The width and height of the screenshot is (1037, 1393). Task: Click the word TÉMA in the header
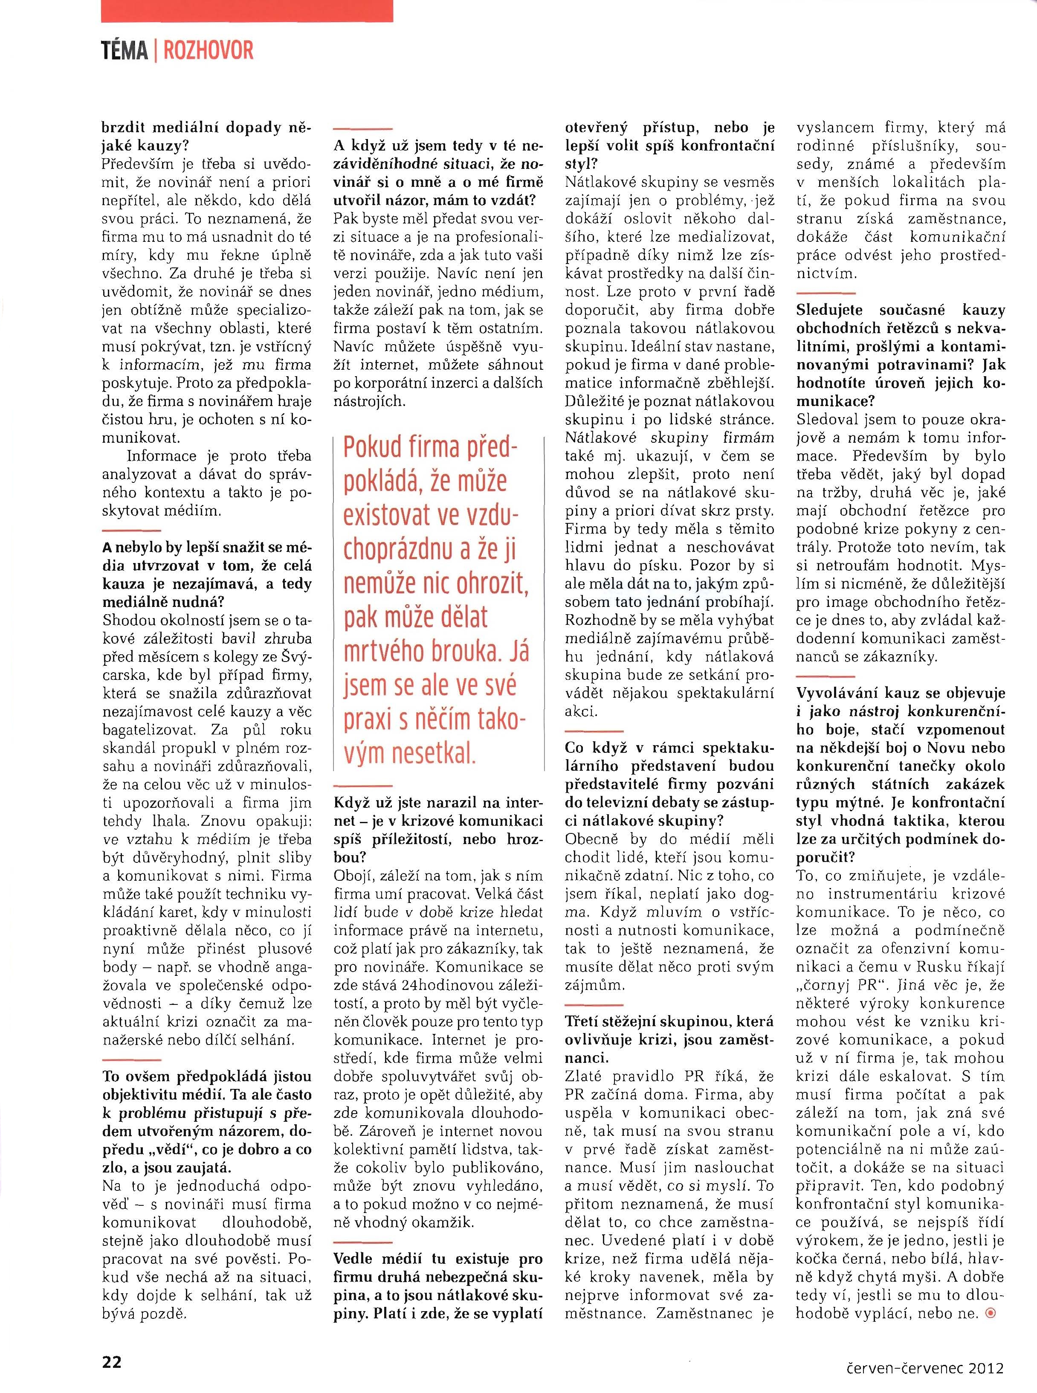[x=124, y=51]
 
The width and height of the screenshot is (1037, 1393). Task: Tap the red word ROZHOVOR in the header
[x=209, y=51]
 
